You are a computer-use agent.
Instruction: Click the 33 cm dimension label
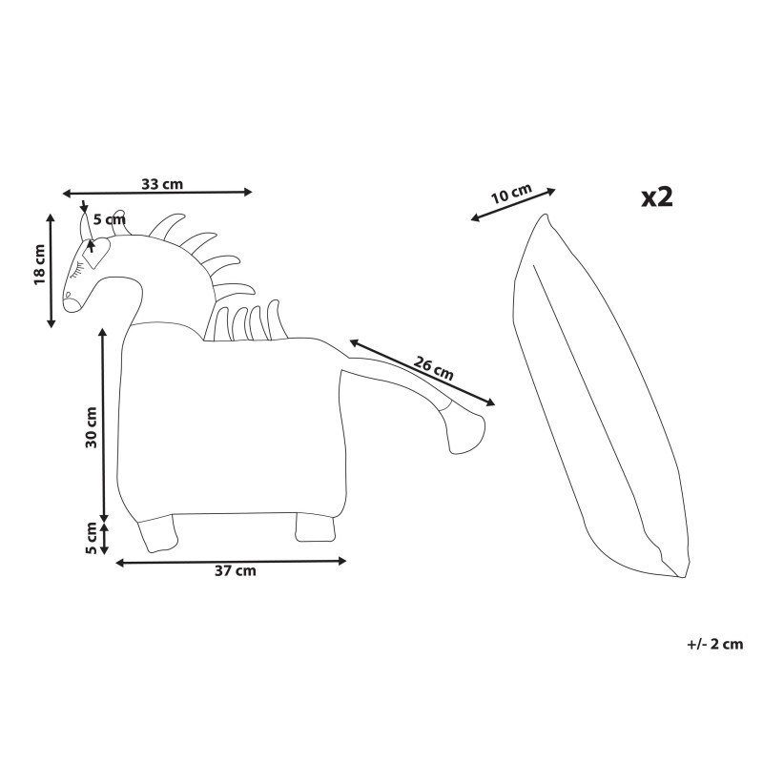pyautogui.click(x=162, y=184)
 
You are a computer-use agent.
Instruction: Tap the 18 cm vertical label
pyautogui.click(x=39, y=264)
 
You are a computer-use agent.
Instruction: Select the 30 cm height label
pyautogui.click(x=92, y=426)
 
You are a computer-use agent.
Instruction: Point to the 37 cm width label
pyautogui.click(x=235, y=570)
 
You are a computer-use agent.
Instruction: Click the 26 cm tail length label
pyautogui.click(x=434, y=368)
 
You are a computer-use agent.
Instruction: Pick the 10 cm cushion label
pyautogui.click(x=511, y=194)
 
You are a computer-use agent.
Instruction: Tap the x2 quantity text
pyautogui.click(x=657, y=197)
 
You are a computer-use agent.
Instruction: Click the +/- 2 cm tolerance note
pyautogui.click(x=714, y=644)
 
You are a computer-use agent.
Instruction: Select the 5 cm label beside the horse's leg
pyautogui.click(x=92, y=538)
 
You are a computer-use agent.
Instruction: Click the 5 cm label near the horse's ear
pyautogui.click(x=109, y=220)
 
